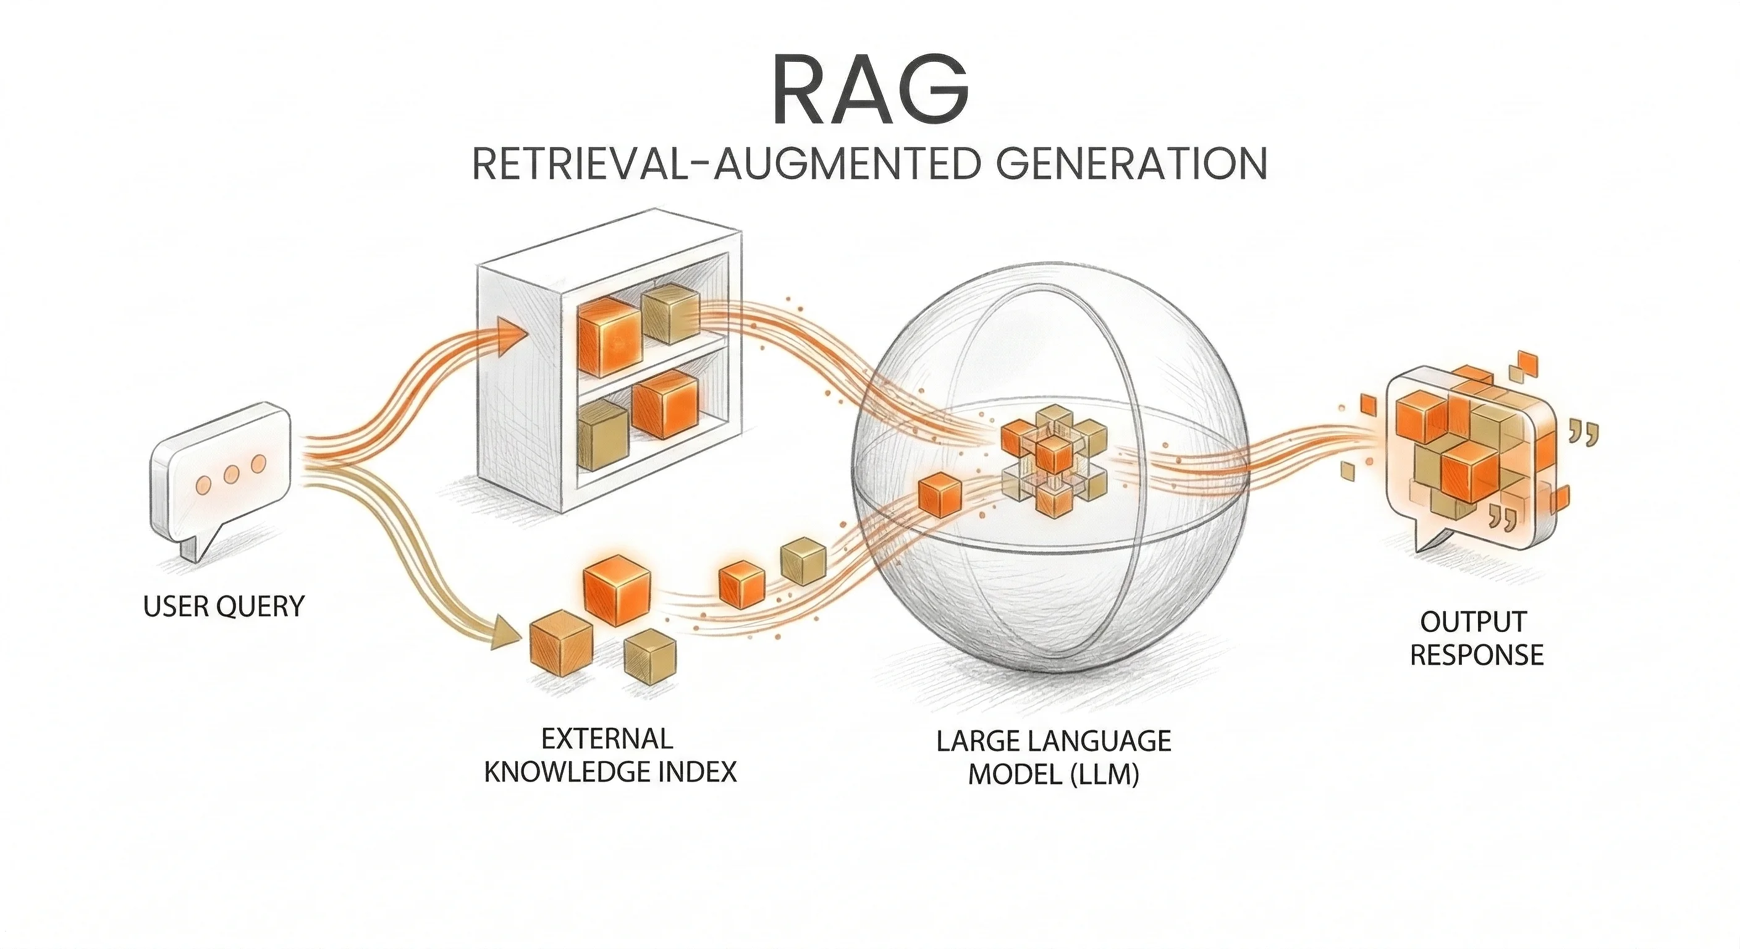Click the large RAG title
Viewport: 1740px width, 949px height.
[x=869, y=91]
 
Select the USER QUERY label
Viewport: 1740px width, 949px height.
[x=224, y=607]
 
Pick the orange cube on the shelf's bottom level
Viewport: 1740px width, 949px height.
[x=665, y=404]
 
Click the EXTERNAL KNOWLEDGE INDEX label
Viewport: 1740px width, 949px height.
[x=610, y=755]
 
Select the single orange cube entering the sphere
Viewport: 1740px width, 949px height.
[x=939, y=495]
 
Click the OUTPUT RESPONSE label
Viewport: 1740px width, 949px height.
[x=1477, y=638]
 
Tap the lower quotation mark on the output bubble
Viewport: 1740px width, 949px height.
[x=1502, y=517]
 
